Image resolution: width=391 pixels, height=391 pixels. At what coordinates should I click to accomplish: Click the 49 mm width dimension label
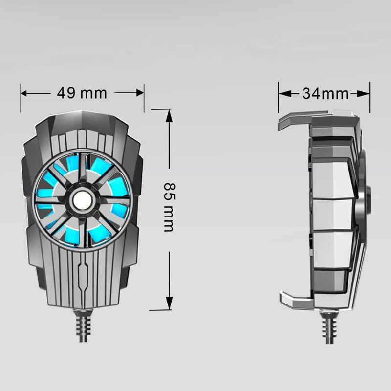point(82,93)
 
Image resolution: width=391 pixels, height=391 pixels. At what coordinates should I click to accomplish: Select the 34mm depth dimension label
point(325,94)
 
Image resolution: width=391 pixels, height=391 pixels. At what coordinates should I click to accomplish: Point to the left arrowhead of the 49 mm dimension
point(23,93)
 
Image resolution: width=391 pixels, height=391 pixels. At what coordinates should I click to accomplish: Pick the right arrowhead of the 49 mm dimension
point(141,93)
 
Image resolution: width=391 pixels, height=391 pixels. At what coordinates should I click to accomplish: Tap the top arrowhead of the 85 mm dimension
point(169,116)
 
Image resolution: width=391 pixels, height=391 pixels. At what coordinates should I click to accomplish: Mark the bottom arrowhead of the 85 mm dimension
point(169,304)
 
